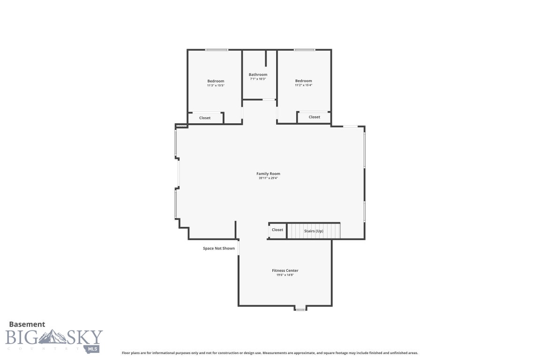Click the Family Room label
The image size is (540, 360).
tap(268, 174)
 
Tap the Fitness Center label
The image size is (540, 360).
tap(285, 270)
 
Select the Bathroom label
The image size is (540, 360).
tap(258, 75)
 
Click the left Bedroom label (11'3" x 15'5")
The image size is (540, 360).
tap(216, 81)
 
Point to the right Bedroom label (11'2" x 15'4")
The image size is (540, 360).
tap(303, 81)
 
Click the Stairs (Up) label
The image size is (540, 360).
tap(314, 231)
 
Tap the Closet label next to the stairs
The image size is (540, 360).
tap(277, 230)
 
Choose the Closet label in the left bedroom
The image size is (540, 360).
tap(205, 118)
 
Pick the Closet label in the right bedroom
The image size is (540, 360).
tap(314, 117)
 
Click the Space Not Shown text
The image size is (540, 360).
tap(218, 248)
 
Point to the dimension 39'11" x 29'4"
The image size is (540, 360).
tap(268, 178)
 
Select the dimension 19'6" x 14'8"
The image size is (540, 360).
tap(285, 275)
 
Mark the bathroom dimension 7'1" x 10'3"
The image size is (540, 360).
tap(258, 79)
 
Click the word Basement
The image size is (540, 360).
tap(27, 324)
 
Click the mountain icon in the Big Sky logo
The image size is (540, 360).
tap(52, 337)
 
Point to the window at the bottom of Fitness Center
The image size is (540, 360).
tap(300, 309)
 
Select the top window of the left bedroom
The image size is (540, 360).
tap(217, 50)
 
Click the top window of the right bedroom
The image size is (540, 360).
tap(304, 50)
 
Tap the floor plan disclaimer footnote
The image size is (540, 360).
tap(270, 353)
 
